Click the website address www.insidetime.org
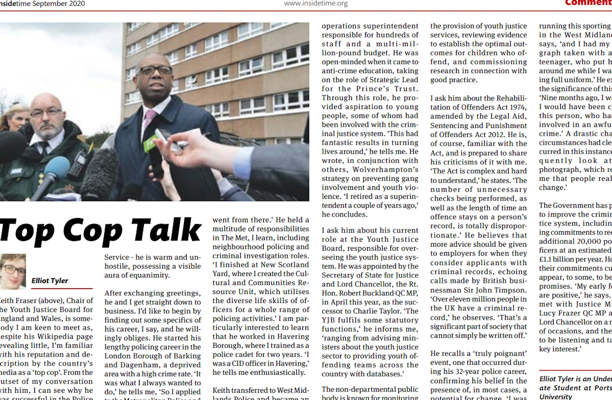[316, 4]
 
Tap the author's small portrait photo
[13, 271]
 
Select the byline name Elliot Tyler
[50, 280]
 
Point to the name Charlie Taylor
[369, 311]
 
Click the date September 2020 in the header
[59, 4]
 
